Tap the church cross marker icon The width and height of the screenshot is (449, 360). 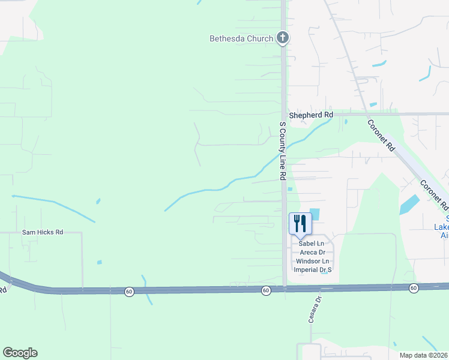pyautogui.click(x=283, y=38)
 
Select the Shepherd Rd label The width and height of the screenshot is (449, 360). pyautogui.click(x=310, y=115)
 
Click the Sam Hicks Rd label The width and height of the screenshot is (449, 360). pyautogui.click(x=43, y=232)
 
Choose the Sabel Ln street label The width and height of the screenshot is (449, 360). pyautogui.click(x=312, y=243)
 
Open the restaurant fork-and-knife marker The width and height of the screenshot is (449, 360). pyautogui.click(x=298, y=223)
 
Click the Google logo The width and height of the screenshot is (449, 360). pyautogui.click(x=20, y=353)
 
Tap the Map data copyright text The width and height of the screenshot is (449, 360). pyautogui.click(x=424, y=355)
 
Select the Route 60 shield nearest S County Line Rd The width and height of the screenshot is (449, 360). pyautogui.click(x=266, y=290)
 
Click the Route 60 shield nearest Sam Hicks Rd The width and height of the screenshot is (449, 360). pyautogui.click(x=129, y=292)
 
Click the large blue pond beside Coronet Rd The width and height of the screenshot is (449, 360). pyautogui.click(x=409, y=205)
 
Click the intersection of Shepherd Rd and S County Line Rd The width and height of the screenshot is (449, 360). pyautogui.click(x=283, y=114)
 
